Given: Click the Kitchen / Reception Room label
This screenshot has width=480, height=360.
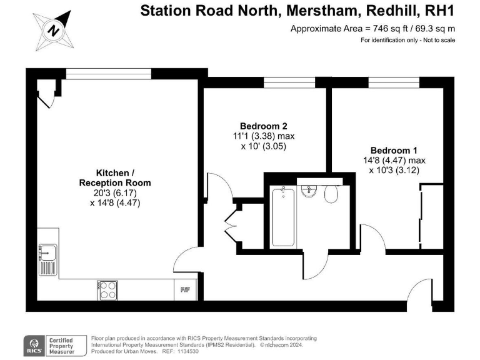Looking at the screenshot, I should pos(114,177).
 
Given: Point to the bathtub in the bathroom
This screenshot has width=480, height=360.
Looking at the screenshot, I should pos(283,217).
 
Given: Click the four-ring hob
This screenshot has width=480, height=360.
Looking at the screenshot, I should pos(107,289).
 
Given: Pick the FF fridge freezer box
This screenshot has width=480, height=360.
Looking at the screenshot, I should pos(186,289).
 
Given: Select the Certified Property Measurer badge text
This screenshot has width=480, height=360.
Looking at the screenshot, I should pos(61,345).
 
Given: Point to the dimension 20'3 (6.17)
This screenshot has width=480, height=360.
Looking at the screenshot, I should pos(114,193).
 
